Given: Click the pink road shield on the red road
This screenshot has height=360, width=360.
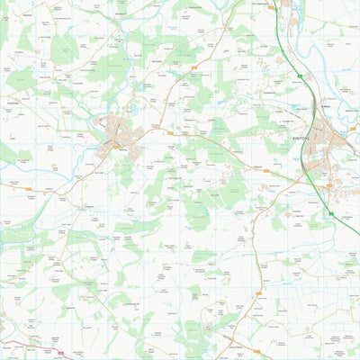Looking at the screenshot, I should [x=60, y=353].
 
